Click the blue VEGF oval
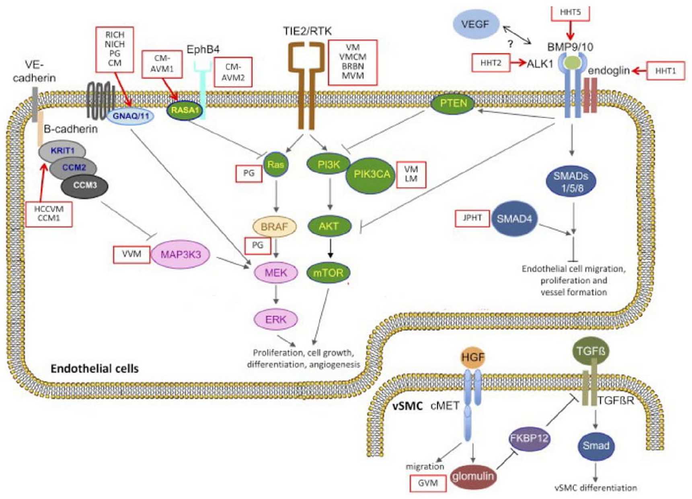476,25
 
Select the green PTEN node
453,104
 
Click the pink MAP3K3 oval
181,254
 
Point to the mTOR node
328,273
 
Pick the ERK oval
276,319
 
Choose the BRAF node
275,227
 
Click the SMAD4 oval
514,219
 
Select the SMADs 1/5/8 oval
571,182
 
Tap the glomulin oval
473,477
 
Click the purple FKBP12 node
529,438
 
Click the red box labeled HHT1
665,71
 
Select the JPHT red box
472,218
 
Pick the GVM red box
428,483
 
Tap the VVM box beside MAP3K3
131,254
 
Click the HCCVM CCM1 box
49,214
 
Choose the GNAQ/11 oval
131,116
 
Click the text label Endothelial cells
94,368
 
